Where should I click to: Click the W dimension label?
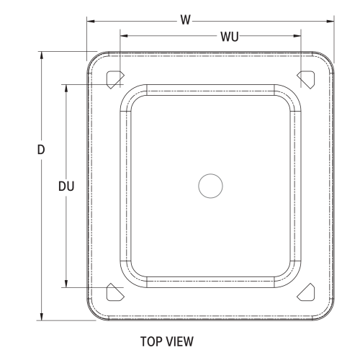click(x=186, y=20)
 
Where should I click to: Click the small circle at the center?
click(x=210, y=186)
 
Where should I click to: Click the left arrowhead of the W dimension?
click(x=91, y=20)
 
